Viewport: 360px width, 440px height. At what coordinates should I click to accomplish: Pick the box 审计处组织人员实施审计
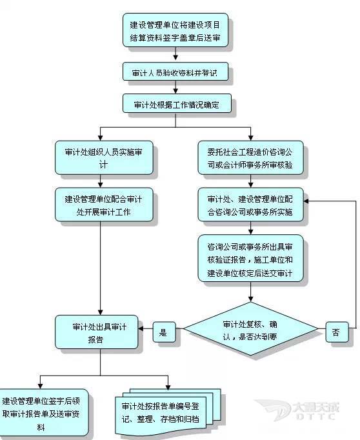(99, 158)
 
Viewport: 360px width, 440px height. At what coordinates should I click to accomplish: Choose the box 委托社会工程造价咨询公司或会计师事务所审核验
(250, 158)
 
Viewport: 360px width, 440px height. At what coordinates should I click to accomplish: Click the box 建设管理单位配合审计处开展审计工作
(99, 204)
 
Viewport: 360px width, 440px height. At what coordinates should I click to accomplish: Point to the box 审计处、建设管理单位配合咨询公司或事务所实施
(250, 204)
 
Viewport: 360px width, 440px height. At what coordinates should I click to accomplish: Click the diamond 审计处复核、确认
(250, 331)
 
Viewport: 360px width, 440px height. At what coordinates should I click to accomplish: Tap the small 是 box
(163, 333)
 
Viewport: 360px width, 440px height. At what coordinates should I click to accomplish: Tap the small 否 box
(336, 332)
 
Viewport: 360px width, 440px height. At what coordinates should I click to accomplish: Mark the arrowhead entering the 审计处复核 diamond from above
(250, 298)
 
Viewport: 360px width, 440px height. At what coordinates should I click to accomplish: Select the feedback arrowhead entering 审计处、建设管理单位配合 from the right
(307, 201)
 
